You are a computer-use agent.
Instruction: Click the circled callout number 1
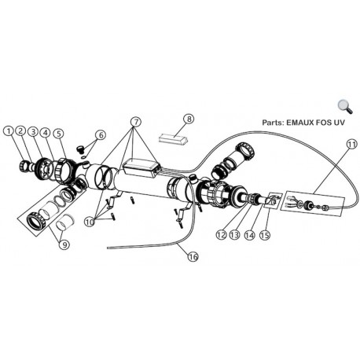9,131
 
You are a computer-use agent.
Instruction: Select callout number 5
58,134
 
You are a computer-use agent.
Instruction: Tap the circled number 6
100,135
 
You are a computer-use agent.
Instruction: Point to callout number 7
136,122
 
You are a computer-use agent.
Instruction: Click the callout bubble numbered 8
189,119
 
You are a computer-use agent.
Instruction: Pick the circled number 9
64,244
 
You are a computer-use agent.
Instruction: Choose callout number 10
90,222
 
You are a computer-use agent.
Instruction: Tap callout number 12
221,235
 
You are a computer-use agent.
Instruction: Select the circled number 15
265,235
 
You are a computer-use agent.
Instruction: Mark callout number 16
193,257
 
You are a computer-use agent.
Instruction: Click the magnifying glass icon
345,107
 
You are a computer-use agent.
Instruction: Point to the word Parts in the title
274,123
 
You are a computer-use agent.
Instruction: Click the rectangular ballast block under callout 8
174,138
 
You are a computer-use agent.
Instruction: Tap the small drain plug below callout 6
80,149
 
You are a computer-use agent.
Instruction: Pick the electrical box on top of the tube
141,167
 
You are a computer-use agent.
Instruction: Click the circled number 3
33,131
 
